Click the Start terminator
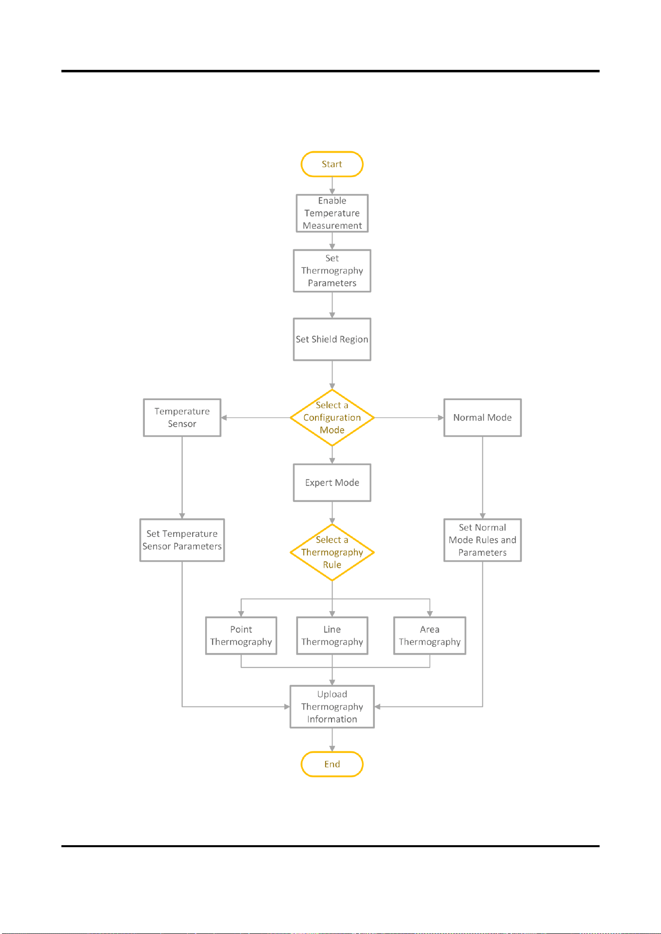coord(332,164)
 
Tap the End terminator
coord(332,764)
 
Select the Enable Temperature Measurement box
coord(332,213)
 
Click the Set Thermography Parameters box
coord(332,270)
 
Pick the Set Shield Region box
coord(332,339)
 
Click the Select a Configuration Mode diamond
coord(332,418)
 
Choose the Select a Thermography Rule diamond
coord(332,552)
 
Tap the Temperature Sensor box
coord(182,418)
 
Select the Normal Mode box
coord(482,418)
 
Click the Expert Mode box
coord(332,482)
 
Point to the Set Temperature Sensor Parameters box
coord(182,540)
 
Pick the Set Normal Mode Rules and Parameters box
coord(482,540)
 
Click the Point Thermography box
coord(241,636)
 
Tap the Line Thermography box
coord(332,636)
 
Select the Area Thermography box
coord(430,636)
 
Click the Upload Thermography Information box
coord(332,706)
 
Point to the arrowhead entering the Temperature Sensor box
coord(224,418)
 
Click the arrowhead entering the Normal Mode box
coord(441,418)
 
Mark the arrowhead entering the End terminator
coord(332,748)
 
